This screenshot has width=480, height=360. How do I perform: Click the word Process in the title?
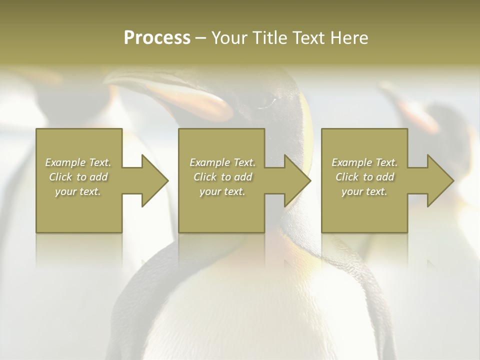(157, 38)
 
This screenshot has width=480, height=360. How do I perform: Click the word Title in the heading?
(267, 38)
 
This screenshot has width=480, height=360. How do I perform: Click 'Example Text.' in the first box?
(78, 162)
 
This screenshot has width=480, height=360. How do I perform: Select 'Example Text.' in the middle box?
(222, 162)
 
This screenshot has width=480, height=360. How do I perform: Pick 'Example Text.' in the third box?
(364, 162)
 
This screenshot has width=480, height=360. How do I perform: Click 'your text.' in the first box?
(78, 191)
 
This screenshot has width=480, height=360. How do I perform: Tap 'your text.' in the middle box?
(222, 191)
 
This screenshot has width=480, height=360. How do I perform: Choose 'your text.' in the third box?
(364, 191)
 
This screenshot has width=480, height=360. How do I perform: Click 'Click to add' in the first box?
(78, 177)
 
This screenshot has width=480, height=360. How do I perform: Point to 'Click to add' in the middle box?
(222, 177)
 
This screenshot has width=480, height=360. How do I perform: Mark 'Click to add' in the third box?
(364, 177)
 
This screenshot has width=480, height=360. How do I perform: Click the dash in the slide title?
(200, 38)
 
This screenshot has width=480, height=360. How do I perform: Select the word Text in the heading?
(306, 38)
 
